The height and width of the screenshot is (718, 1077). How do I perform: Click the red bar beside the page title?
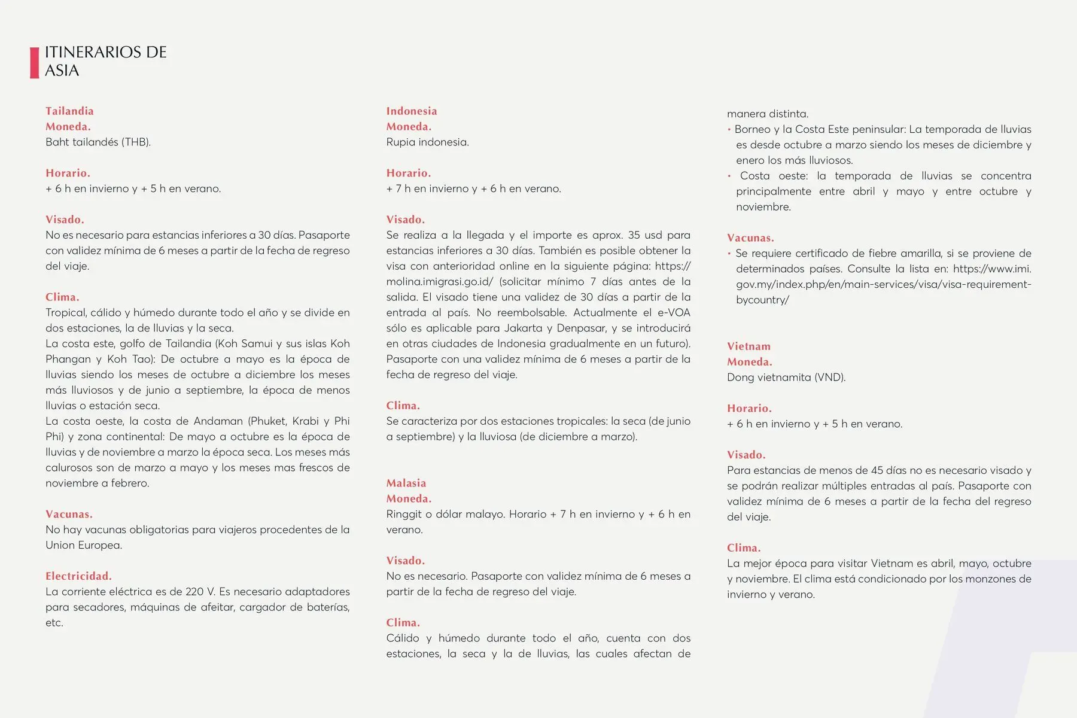[x=34, y=62]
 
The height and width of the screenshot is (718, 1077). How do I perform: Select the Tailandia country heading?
[x=69, y=111]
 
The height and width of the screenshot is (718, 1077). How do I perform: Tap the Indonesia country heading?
[x=412, y=111]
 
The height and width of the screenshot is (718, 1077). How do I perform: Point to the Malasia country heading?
[x=406, y=483]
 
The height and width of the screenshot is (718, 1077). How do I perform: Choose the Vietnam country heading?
[x=749, y=346]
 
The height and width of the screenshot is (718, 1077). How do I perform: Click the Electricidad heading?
[x=78, y=576]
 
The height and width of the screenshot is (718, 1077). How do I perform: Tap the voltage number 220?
[x=194, y=592]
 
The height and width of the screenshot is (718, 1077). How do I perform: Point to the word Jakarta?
[x=524, y=328]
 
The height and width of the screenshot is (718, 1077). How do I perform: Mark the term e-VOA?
[x=673, y=313]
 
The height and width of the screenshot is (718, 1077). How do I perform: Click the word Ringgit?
[x=403, y=515]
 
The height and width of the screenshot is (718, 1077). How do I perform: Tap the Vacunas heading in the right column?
[x=750, y=238]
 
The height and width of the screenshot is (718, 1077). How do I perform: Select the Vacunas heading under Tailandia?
[x=69, y=514]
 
